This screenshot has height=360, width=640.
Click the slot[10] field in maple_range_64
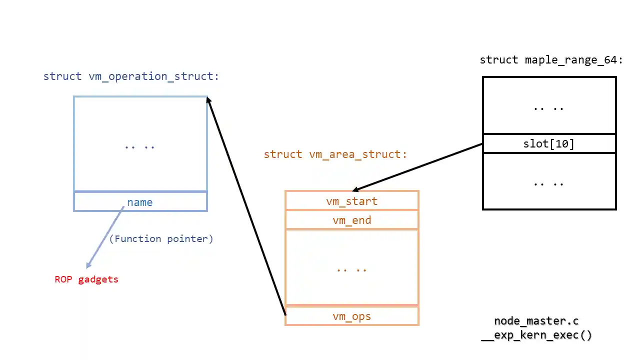tap(549, 144)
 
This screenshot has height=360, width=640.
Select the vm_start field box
tap(351, 201)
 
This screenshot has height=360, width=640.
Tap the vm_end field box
tap(351, 220)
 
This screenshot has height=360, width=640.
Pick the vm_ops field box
tap(351, 316)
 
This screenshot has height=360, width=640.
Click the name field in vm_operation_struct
tap(140, 202)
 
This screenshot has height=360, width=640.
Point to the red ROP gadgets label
tap(86, 279)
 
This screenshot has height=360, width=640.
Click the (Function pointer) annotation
tap(161, 239)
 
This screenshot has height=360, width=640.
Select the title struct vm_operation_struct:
tap(131, 76)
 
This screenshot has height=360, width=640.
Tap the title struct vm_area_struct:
tap(335, 154)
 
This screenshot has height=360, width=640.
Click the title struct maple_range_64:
tap(551, 60)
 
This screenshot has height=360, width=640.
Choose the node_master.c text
tap(536, 321)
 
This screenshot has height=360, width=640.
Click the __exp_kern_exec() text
tap(536, 335)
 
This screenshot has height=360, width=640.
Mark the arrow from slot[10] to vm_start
tap(417, 167)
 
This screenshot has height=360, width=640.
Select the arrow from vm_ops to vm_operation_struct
tap(246, 205)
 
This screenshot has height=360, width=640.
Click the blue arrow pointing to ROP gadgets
tap(105, 237)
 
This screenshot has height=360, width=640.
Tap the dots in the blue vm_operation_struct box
tap(140, 146)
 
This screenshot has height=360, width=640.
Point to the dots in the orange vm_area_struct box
tap(351, 269)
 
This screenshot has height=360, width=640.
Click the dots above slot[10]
tap(548, 107)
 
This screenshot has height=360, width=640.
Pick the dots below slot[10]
tap(548, 183)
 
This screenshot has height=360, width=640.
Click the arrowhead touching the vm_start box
tap(356, 189)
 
